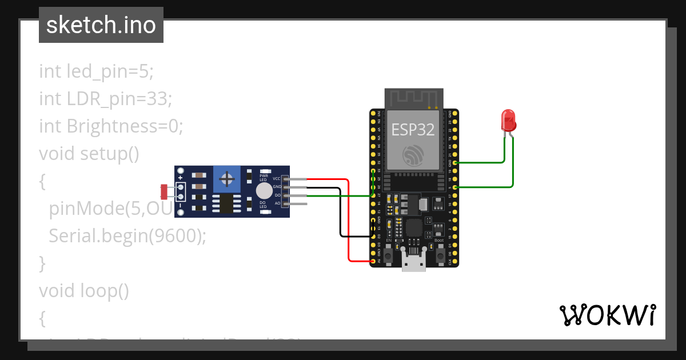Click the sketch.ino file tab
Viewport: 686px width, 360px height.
click(x=101, y=25)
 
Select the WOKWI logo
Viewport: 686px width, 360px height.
click(x=607, y=315)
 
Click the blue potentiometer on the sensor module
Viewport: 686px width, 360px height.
click(x=228, y=179)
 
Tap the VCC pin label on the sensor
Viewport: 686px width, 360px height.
click(x=276, y=179)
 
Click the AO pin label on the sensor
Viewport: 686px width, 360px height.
click(x=277, y=203)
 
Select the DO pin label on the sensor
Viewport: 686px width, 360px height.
click(x=277, y=195)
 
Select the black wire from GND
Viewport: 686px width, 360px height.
click(x=341, y=217)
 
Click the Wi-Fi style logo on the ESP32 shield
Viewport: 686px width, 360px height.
click(x=413, y=155)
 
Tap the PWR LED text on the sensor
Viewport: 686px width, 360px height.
click(x=264, y=178)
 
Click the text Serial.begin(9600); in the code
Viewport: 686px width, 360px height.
click(x=127, y=235)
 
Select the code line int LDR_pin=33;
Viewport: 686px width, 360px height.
click(x=105, y=98)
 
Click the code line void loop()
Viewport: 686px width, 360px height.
click(x=84, y=291)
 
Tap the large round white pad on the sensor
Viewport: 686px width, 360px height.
click(x=264, y=191)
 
